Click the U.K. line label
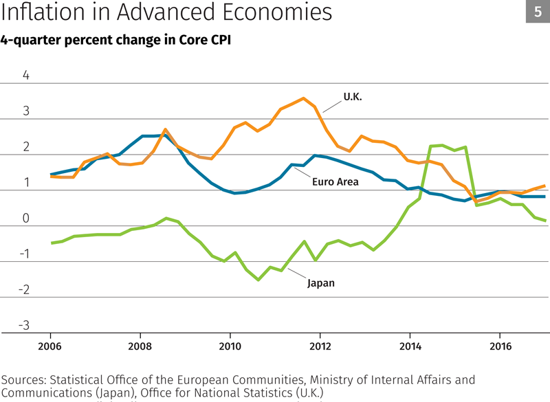353,97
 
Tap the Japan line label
320,282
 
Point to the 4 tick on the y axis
26,75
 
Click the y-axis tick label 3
26,111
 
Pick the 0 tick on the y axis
26,218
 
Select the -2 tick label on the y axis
24,289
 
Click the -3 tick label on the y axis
24,325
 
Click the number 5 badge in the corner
538,12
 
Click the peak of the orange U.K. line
303,98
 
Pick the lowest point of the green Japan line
258,280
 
